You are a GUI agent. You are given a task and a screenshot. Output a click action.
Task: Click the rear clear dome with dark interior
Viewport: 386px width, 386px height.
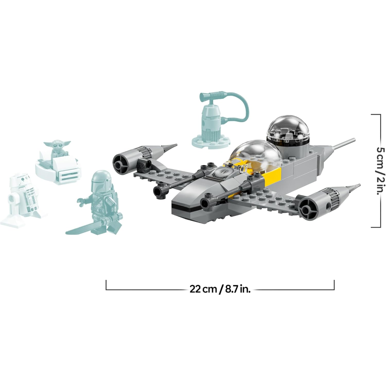point(289,131)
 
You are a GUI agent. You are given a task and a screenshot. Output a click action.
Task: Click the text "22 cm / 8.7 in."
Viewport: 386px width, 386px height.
point(220,289)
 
